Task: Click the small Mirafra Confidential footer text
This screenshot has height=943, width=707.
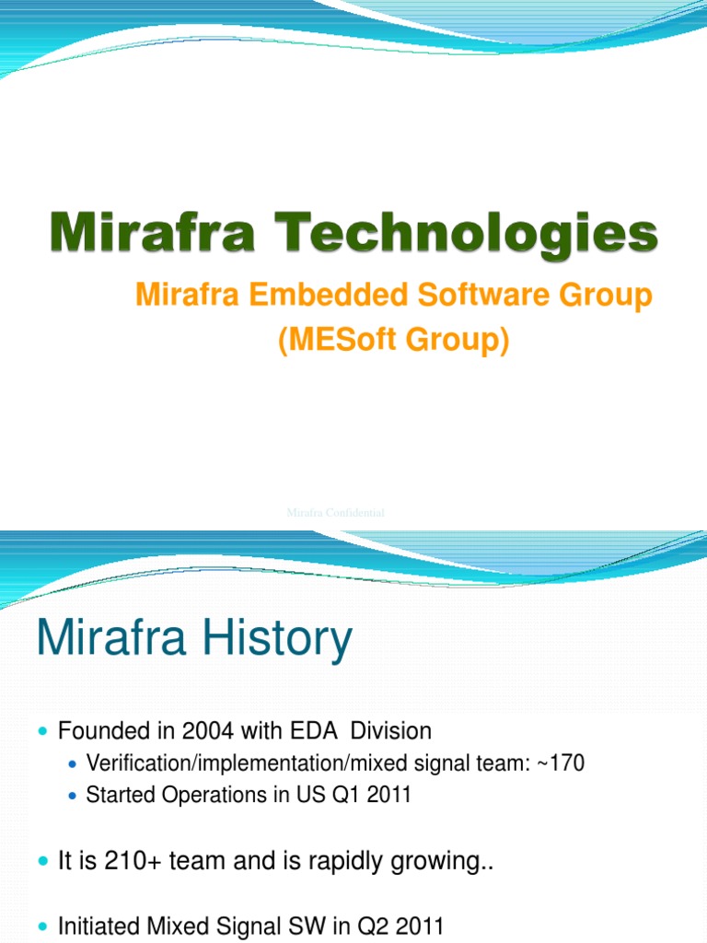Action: pos(335,512)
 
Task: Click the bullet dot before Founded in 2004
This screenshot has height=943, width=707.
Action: pos(42,732)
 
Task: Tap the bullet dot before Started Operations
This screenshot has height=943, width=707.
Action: pos(73,796)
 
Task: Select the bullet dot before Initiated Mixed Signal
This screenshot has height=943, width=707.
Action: pos(42,926)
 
